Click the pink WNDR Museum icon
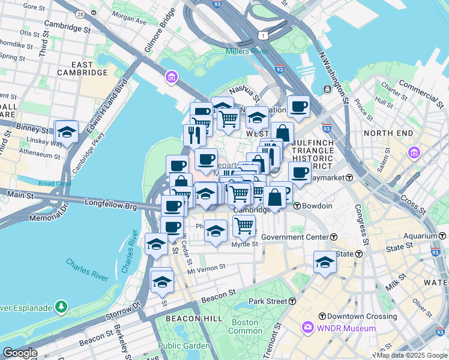(308, 328)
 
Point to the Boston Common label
(246, 326)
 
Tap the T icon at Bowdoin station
(297, 206)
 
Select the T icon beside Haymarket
(348, 178)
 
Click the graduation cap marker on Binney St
(67, 132)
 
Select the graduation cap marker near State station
(325, 262)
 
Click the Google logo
(20, 353)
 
